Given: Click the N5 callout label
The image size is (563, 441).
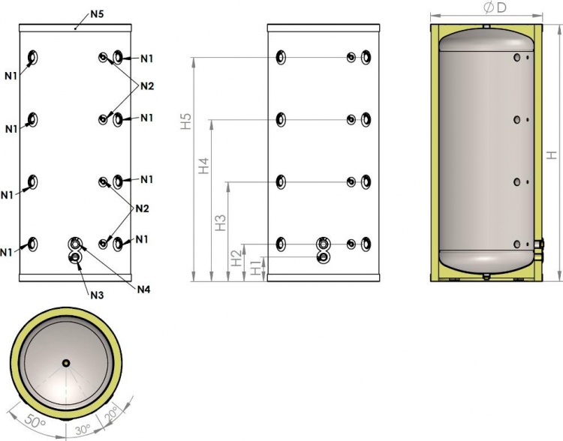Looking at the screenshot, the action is pos(97,14).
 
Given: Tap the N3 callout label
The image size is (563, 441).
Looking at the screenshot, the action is pos(97,295).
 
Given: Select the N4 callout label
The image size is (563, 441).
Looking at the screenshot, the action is pos(143,289).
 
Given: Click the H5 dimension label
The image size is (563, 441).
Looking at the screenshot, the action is pos(186,121).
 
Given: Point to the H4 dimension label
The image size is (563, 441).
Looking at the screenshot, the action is pos(203,166).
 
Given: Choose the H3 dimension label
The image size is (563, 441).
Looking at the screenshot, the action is pos(220,223).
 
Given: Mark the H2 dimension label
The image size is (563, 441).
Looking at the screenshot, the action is pos(236,258).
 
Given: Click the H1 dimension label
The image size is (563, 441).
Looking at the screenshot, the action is pos(255,268).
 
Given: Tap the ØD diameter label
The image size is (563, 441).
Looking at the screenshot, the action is pos(495,7).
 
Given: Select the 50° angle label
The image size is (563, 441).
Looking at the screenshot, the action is pos(35,420).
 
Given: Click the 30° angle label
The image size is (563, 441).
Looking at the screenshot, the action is pos(83,429).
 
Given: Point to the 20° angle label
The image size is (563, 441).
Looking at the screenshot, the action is pos(110,414).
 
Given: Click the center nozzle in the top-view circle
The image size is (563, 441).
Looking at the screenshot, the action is pos(66,363).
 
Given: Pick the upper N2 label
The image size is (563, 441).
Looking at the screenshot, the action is pos(147,86).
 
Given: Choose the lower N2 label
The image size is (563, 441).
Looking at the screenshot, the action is pos(142,208).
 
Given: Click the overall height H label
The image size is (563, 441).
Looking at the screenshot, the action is pos(552,154).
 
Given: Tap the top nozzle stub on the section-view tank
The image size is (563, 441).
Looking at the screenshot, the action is pos(486,26).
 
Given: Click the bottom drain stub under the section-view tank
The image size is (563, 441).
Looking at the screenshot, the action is pos(486,276).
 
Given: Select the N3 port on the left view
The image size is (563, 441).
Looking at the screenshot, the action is pos(75,257).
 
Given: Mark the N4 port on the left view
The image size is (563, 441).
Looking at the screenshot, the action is pos(74,244).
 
